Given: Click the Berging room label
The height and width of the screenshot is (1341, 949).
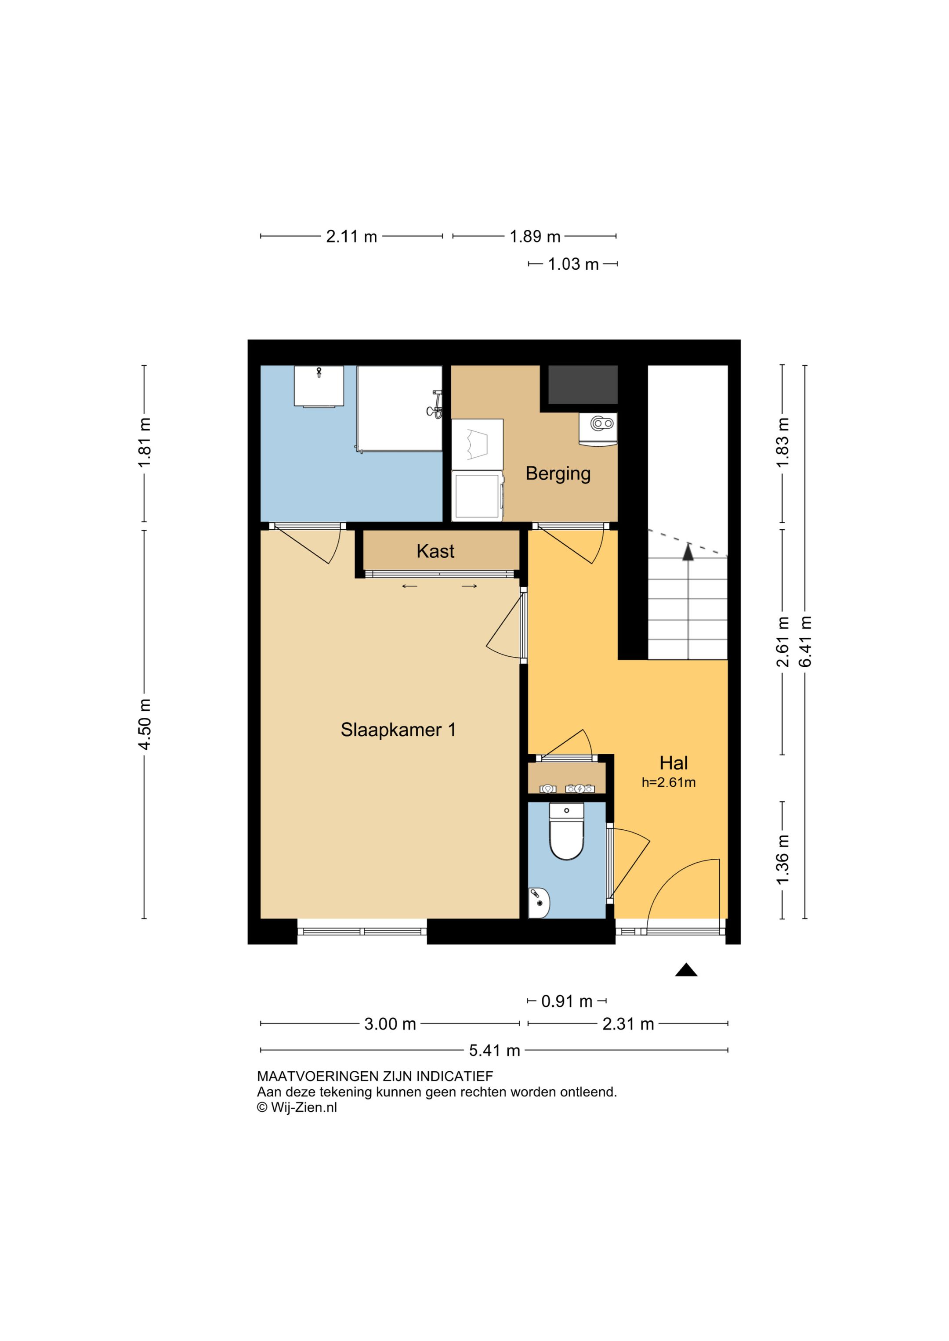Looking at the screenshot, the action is [558, 474].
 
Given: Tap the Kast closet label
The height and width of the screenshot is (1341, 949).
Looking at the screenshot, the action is [435, 551].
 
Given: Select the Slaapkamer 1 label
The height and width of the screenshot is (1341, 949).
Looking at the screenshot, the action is [398, 730].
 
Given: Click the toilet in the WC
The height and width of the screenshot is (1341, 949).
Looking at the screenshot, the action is [566, 831].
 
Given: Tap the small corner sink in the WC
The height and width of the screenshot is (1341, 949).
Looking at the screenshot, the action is [539, 903].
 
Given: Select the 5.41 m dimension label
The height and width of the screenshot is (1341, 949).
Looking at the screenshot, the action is [494, 1051].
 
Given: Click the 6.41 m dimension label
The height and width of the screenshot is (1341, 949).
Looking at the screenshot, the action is [805, 641].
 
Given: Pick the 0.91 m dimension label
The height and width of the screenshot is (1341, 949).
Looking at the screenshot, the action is [566, 1001].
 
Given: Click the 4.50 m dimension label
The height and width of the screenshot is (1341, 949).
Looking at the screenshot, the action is [145, 724].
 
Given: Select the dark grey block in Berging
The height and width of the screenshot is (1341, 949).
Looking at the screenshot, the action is [583, 385].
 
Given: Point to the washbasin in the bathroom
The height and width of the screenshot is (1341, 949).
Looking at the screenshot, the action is [319, 386].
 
